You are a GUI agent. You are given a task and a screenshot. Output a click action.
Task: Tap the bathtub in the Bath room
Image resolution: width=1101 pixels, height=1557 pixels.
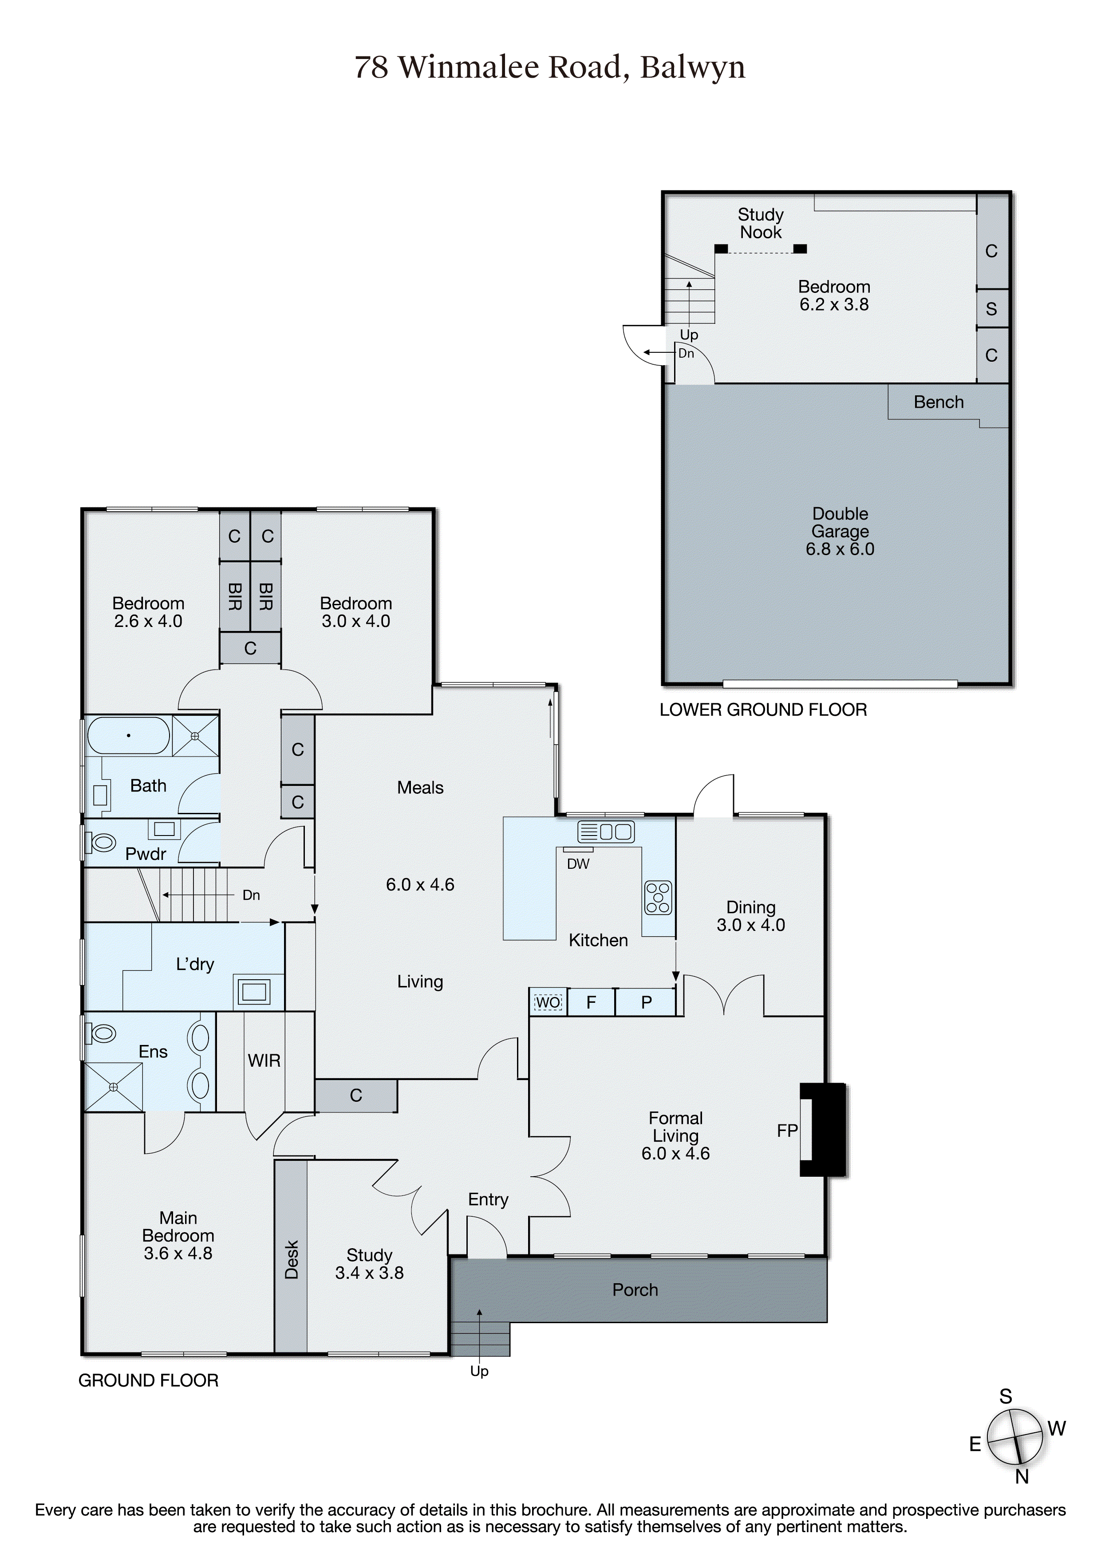[x=128, y=735]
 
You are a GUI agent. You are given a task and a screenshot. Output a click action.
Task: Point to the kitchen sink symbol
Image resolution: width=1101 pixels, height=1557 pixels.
[x=606, y=832]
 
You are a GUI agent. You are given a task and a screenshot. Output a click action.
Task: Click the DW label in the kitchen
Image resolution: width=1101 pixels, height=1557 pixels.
[x=578, y=864]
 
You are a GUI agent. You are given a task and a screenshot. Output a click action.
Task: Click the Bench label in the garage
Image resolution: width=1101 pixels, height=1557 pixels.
[x=938, y=402]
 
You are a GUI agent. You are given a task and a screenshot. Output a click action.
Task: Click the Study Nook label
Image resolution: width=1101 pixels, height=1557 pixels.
[x=761, y=223]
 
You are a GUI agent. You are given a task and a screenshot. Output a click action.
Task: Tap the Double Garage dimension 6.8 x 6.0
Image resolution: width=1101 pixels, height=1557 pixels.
[x=840, y=549]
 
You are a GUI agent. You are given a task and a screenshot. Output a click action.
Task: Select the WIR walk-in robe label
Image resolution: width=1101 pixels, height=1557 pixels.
[x=264, y=1060]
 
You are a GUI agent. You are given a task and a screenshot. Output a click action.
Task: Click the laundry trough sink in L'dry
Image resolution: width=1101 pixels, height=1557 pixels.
[x=253, y=991]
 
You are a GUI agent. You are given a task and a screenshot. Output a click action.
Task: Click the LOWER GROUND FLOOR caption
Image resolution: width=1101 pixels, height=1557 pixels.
[x=763, y=710]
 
